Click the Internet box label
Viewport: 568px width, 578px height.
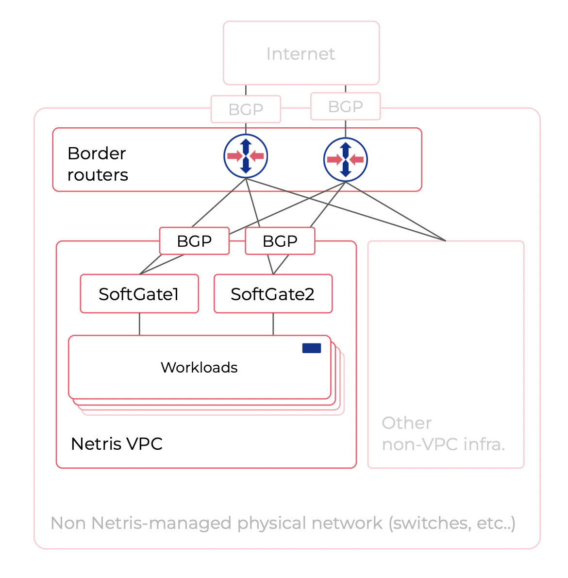(301, 54)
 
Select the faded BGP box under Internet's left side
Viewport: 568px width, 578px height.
(246, 109)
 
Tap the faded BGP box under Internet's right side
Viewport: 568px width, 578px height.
(345, 106)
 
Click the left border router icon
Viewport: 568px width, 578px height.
(246, 156)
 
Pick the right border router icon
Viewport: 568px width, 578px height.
(345, 159)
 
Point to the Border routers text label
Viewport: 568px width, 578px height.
(98, 164)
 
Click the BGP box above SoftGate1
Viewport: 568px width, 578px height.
(194, 241)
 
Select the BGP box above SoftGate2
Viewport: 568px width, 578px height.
(280, 241)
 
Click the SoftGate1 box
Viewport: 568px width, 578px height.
(139, 294)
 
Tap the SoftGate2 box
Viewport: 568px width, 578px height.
(273, 294)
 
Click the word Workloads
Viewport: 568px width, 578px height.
(199, 368)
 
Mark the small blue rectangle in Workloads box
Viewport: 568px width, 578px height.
(311, 348)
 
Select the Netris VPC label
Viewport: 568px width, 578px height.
(117, 444)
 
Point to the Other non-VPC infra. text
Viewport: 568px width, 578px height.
(443, 434)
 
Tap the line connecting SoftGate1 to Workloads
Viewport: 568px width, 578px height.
(139, 324)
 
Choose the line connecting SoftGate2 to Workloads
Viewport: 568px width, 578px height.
(273, 324)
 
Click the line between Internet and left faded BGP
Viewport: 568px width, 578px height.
(246, 90)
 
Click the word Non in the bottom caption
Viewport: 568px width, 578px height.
(69, 523)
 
